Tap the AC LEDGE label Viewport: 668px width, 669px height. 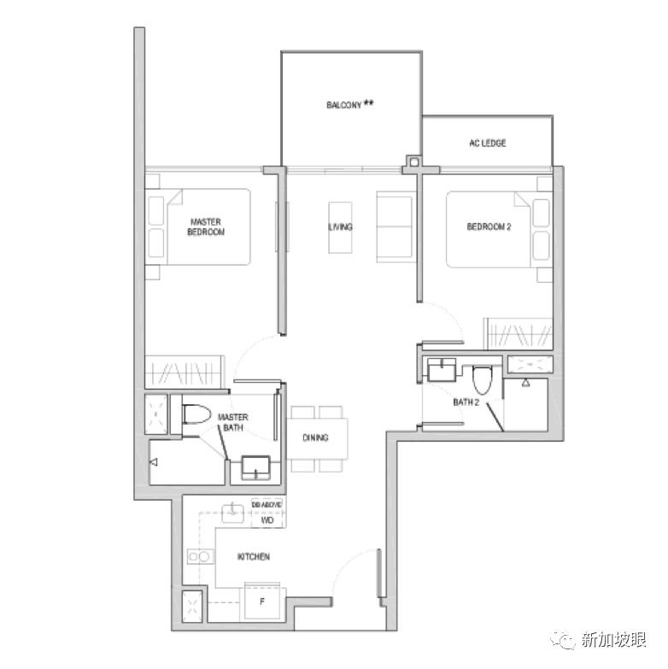488,143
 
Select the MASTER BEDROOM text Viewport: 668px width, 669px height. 206,227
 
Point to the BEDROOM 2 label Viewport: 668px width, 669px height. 489,226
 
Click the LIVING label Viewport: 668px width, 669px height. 340,226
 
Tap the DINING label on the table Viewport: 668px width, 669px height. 315,437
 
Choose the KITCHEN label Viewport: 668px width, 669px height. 254,557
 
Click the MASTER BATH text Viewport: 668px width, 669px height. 233,422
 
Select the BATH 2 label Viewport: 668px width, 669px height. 466,402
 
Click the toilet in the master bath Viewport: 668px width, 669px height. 196,414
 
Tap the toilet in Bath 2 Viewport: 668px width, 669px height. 483,380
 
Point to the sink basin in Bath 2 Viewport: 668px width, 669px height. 442,369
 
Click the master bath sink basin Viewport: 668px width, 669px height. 255,467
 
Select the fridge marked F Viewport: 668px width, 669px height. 262,602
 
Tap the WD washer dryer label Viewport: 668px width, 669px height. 267,520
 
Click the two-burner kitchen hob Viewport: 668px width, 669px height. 200,557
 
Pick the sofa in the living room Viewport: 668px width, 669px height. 396,226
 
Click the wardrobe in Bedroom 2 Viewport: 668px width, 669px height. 519,334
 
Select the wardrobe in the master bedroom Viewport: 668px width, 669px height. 185,372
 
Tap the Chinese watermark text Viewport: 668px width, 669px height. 613,640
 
